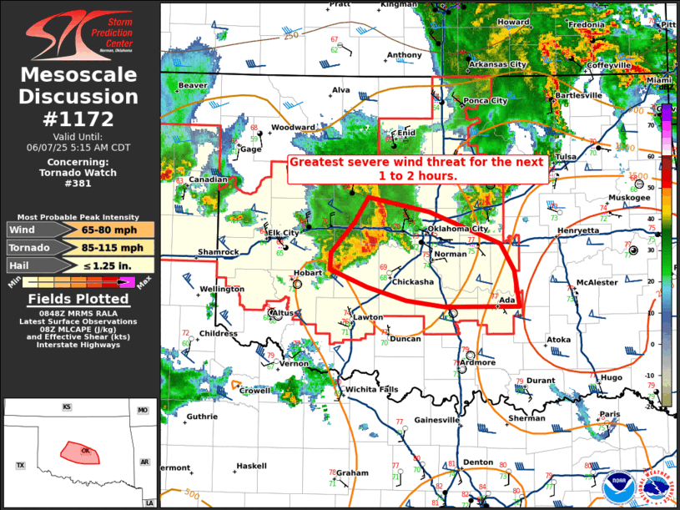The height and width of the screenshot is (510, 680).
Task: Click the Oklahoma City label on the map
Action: tap(457, 229)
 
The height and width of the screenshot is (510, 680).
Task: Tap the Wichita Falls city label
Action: tap(372, 390)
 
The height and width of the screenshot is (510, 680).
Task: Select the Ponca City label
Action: tap(486, 101)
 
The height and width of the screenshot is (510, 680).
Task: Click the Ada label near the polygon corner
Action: tap(507, 300)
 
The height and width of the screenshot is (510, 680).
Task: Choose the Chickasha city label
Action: tap(413, 282)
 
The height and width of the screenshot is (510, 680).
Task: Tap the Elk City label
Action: tap(283, 233)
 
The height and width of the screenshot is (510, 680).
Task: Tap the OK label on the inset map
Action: tap(85, 451)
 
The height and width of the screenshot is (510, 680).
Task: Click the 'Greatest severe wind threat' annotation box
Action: tap(417, 169)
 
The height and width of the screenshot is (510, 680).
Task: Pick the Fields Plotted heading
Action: tap(79, 299)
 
